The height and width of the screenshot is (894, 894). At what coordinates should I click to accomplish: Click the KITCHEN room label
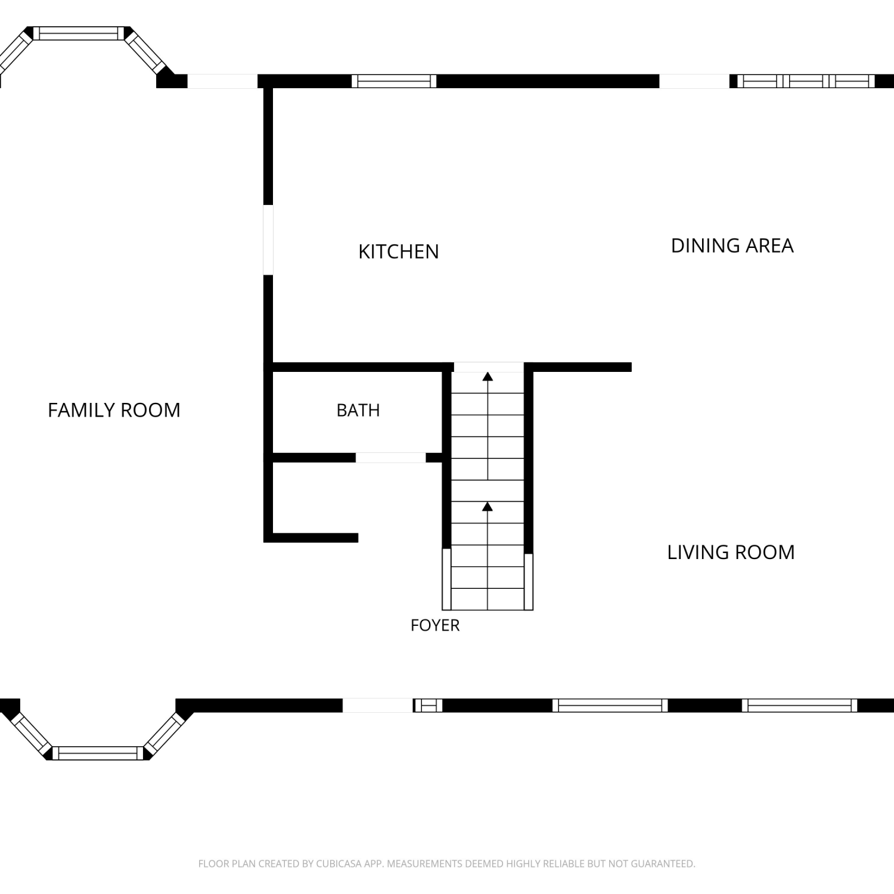coord(398,252)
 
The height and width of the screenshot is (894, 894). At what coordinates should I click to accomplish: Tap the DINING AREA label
coord(732,246)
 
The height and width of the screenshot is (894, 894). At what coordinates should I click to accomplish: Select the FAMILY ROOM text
coord(114,410)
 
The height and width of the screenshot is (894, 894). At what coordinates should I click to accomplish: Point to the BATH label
coord(358,410)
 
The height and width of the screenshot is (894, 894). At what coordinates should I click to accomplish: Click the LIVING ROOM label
coord(731,552)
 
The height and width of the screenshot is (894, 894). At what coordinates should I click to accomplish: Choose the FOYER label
coord(435,625)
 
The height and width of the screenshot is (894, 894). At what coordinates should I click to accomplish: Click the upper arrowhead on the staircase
coord(488,376)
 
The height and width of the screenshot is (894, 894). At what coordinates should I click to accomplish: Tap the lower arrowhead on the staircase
coord(488,507)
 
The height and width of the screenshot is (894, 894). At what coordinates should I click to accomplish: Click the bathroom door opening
coord(391,458)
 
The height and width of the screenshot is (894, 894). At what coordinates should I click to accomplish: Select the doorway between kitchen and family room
coord(268,240)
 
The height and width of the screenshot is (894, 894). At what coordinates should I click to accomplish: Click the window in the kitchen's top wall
coord(394,81)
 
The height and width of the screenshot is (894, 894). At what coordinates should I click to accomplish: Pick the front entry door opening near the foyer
coord(378,706)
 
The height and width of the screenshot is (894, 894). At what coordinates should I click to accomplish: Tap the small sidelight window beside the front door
coord(428,706)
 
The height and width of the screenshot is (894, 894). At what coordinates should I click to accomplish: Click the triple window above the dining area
coord(806,81)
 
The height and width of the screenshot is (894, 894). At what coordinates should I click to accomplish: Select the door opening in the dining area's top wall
coord(694,81)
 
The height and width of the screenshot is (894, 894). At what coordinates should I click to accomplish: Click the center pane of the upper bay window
coord(79,33)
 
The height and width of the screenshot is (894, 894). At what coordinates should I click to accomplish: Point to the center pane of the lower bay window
coord(98,753)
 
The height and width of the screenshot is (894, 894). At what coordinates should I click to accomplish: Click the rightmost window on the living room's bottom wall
coord(800,706)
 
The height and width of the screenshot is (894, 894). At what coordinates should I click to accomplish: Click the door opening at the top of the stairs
coord(489,367)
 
